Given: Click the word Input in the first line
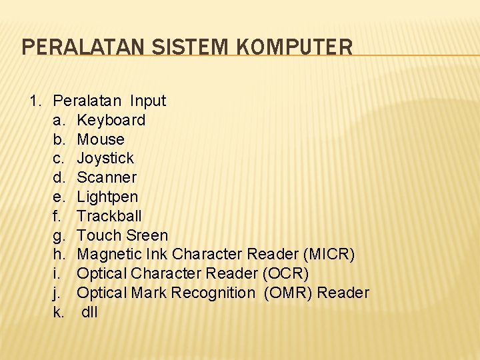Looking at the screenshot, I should point(148,101).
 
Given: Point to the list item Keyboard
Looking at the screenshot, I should point(111,120).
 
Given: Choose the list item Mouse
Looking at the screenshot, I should point(101,139).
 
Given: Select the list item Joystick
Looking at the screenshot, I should point(105,158).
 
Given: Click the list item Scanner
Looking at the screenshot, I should point(107,177).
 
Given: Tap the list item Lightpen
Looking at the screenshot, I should point(107,197).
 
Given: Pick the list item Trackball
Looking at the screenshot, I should point(109,216).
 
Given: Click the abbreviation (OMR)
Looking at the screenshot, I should point(288,293).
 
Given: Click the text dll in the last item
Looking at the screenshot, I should point(90,312).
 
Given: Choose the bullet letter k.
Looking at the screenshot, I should point(59,312).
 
